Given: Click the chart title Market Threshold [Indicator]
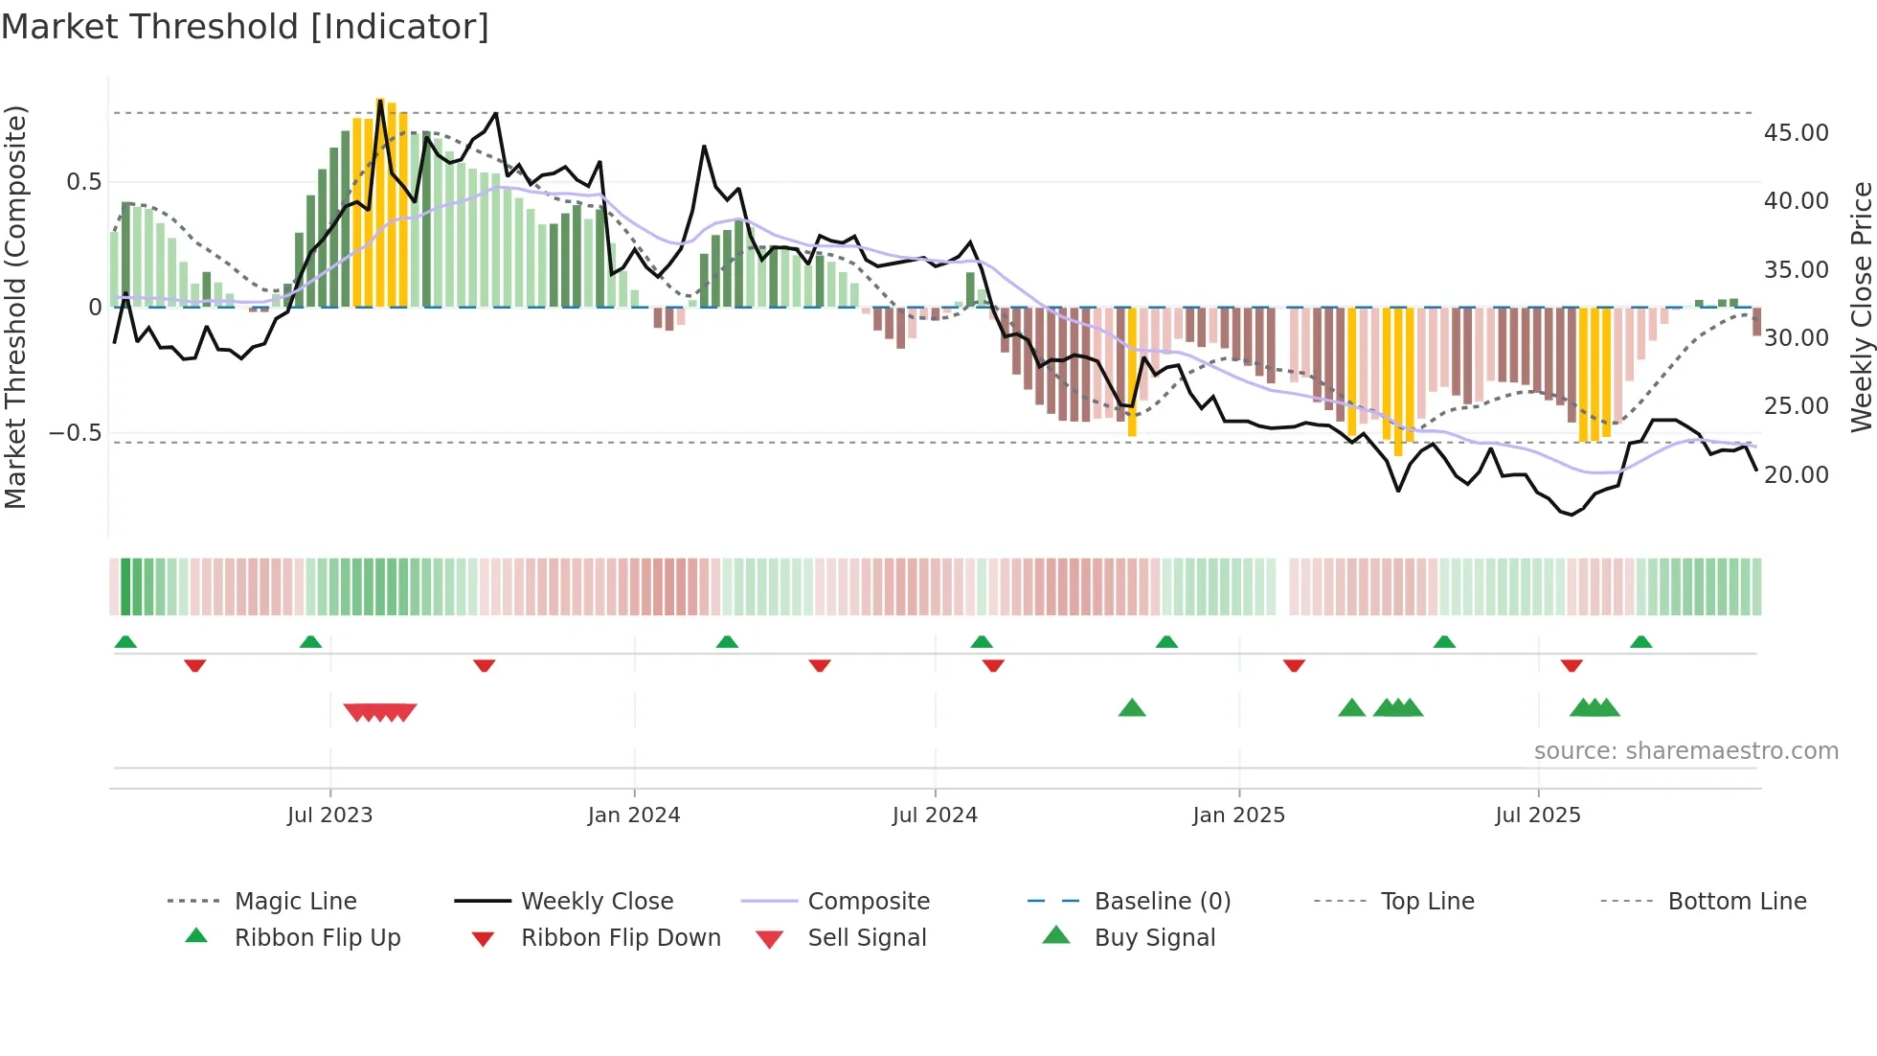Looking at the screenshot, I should [x=245, y=27].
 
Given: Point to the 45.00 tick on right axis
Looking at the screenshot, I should [x=1796, y=133].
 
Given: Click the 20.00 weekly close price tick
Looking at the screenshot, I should [x=1796, y=475].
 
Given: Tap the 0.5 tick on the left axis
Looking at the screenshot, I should [x=83, y=182].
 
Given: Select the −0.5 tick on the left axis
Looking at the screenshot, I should [x=75, y=433].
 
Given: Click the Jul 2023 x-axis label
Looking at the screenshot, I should [x=329, y=815].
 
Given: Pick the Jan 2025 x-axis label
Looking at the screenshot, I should [x=1238, y=815].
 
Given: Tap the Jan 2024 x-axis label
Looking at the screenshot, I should [x=633, y=815].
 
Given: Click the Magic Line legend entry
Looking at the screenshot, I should [x=295, y=902].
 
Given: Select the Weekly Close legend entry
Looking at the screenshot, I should [x=597, y=902].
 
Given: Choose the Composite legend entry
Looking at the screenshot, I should [x=868, y=902].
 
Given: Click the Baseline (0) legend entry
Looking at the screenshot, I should [x=1162, y=902].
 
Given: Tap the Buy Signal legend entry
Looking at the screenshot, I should [x=1154, y=938].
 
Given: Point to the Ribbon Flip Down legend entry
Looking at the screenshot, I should [x=621, y=938].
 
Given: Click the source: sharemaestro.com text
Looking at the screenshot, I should [x=1685, y=751].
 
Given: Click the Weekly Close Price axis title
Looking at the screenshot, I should [x=1861, y=307].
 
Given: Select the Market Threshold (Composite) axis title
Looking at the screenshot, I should [x=15, y=307].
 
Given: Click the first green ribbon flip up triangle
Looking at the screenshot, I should [x=125, y=642].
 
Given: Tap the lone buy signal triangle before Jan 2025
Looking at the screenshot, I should [x=1132, y=708].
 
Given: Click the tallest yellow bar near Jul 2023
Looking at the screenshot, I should [x=380, y=201].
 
